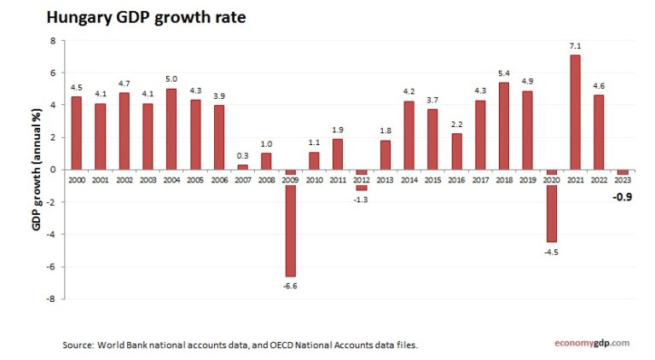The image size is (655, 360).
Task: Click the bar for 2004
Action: point(171,129)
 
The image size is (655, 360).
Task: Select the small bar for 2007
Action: point(242,166)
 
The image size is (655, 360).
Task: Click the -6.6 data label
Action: point(290,285)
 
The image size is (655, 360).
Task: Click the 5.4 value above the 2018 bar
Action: point(503,74)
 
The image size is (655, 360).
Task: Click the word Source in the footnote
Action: point(78,345)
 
